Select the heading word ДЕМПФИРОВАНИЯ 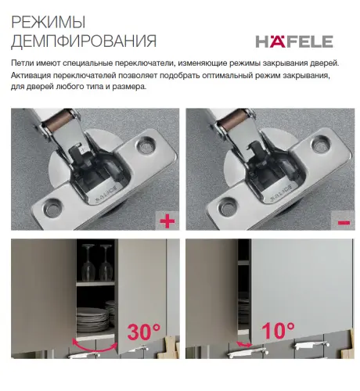pos(84,41)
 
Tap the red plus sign pos(166,222)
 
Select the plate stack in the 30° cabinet pos(93,321)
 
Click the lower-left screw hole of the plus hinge pos(52,208)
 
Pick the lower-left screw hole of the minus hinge pos(228,208)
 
